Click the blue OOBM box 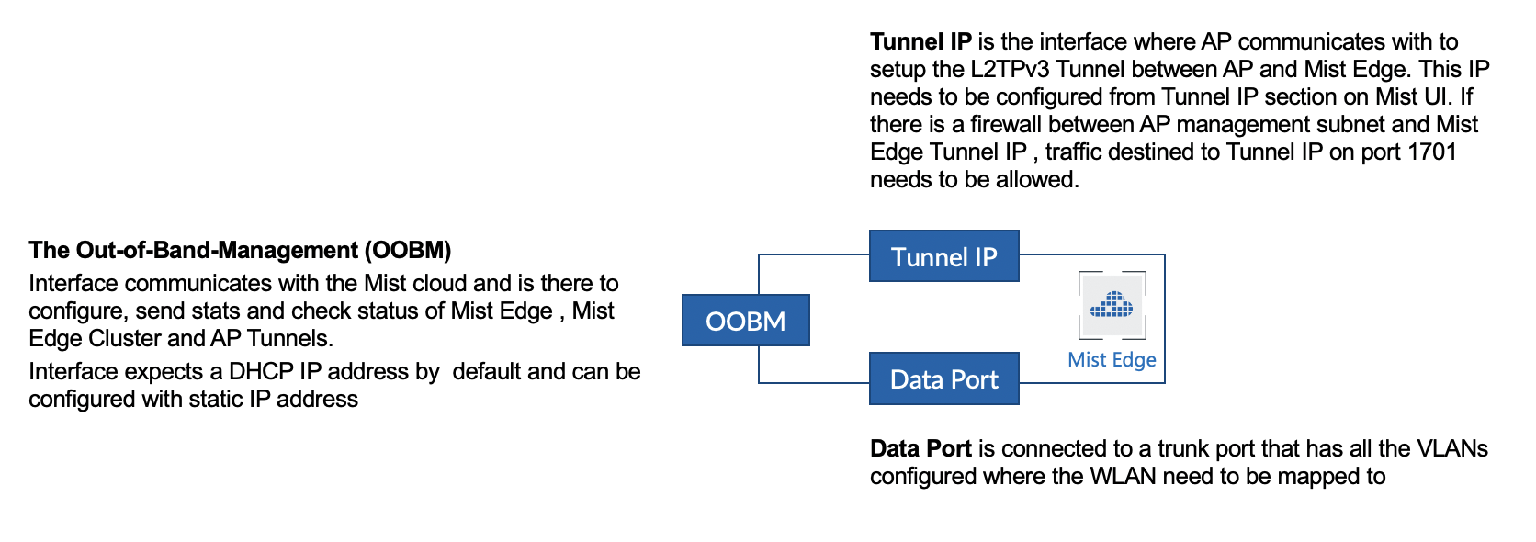[745, 321]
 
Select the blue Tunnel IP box [943, 256]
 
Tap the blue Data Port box [943, 378]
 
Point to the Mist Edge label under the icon [1112, 360]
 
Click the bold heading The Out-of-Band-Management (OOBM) [240, 250]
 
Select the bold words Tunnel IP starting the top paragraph [920, 41]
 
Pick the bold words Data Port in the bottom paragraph [920, 448]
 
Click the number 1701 [1431, 152]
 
